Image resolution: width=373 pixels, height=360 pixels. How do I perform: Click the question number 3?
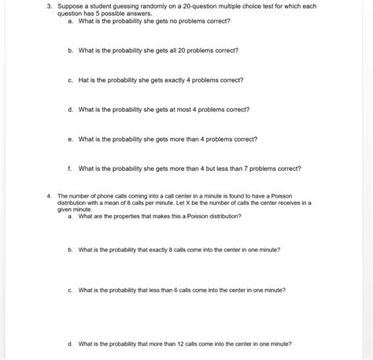point(48,6)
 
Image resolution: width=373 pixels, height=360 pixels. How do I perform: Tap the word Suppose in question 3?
point(68,6)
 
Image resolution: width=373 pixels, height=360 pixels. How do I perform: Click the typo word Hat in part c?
point(83,80)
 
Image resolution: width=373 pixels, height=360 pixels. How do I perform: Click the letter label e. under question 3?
point(71,139)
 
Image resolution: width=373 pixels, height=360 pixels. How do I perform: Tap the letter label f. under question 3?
point(71,168)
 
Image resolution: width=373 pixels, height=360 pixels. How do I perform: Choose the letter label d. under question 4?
point(71,343)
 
